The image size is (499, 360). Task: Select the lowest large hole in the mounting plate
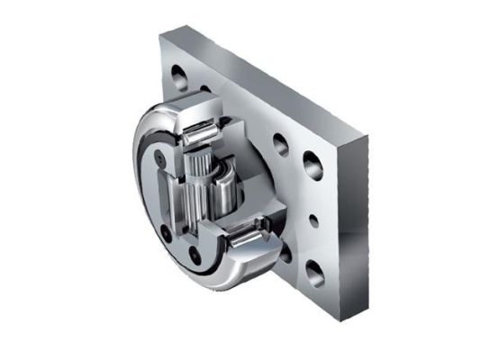[x=313, y=271]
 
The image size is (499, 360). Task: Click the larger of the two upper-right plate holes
[x=312, y=164]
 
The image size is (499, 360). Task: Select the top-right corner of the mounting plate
[x=367, y=137]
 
